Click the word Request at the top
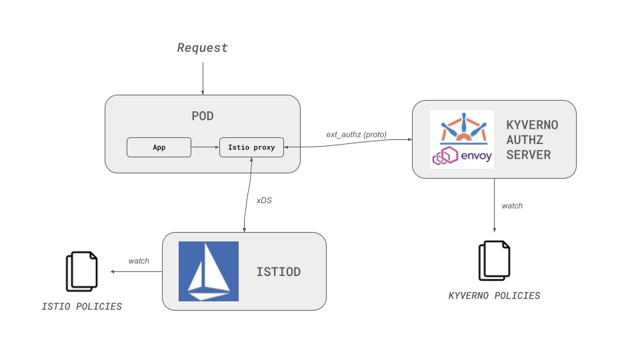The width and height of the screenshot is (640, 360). [202, 48]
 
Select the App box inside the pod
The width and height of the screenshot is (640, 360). [159, 147]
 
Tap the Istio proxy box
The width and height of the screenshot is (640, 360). [251, 147]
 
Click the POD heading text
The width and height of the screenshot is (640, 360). [203, 116]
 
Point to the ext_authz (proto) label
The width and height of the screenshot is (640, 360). [356, 134]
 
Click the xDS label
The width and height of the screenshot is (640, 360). [264, 200]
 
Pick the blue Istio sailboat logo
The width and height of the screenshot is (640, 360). [209, 271]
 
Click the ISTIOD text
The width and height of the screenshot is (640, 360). [278, 272]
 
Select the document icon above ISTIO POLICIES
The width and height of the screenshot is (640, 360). [81, 271]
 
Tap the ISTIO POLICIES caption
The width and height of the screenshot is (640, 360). [82, 307]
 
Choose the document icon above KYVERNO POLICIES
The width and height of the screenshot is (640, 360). [494, 261]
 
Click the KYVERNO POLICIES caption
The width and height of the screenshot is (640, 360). [494, 295]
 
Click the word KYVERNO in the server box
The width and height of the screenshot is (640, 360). [532, 125]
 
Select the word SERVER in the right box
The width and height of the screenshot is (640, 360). [529, 155]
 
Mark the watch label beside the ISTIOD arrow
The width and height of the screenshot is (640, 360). [139, 261]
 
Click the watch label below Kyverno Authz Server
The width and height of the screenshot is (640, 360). [512, 206]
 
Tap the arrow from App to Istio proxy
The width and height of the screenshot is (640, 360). [205, 147]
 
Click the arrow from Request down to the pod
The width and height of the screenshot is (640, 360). [203, 77]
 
